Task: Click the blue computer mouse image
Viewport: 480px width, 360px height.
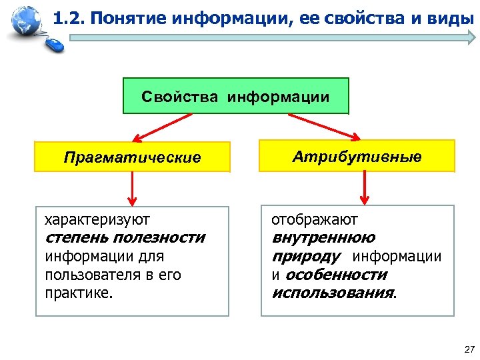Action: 55,45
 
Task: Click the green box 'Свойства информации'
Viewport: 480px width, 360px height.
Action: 235,97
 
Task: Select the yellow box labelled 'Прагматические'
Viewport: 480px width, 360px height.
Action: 132,157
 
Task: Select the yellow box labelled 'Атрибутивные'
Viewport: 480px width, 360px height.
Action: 357,157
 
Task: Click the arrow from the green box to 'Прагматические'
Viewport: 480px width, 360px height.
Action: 163,127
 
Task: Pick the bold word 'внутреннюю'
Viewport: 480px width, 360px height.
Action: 323,238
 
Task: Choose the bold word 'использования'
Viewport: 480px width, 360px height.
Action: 333,293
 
